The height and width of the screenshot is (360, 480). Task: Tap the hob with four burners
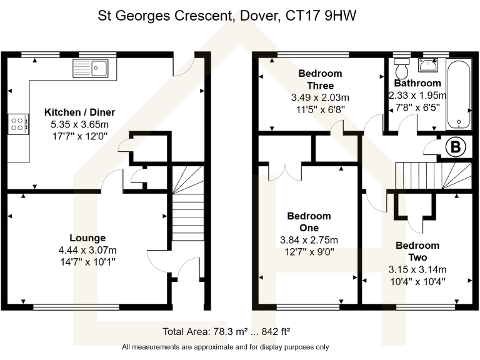click(18, 124)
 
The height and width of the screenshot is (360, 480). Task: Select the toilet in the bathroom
click(401, 66)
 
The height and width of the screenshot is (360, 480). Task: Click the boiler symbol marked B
click(456, 148)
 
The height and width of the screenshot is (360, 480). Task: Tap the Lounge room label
click(87, 237)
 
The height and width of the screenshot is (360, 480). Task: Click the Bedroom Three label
click(321, 79)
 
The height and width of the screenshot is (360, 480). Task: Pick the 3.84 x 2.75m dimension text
click(309, 240)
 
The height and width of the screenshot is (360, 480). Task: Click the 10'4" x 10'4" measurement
click(417, 281)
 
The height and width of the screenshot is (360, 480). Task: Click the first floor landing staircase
click(431, 173)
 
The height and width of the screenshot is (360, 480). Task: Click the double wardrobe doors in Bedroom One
click(286, 172)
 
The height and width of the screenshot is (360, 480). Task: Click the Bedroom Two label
click(417, 251)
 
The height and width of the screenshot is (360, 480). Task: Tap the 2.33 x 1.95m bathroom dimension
click(417, 96)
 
